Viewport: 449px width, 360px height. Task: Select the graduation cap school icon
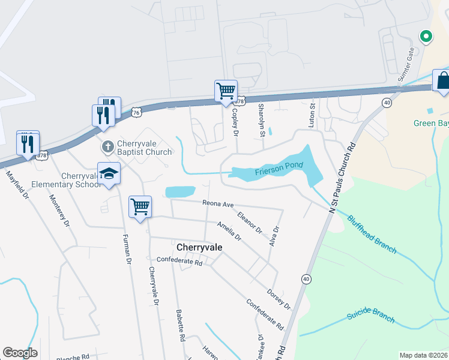pyautogui.click(x=109, y=173)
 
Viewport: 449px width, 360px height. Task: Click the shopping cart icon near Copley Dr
pyautogui.click(x=226, y=92)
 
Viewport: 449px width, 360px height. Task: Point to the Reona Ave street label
pyautogui.click(x=217, y=204)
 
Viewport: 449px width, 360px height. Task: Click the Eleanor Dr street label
pyautogui.click(x=250, y=221)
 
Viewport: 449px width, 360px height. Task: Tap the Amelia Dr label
pyautogui.click(x=229, y=230)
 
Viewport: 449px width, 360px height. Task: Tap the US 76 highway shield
pyautogui.click(x=136, y=112)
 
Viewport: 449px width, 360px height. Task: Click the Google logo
pyautogui.click(x=20, y=353)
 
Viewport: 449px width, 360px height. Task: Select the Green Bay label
pyautogui.click(x=431, y=124)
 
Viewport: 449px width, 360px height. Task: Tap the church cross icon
pyautogui.click(x=107, y=145)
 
